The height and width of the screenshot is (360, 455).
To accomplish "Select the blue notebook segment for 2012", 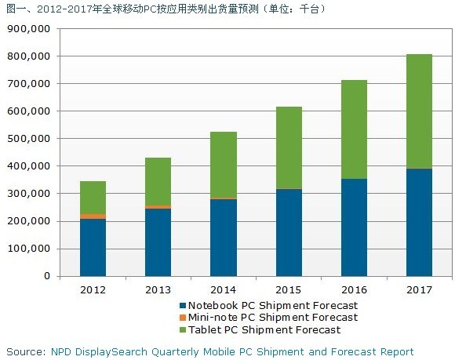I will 93,247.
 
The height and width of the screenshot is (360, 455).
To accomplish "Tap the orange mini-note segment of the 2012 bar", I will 93,216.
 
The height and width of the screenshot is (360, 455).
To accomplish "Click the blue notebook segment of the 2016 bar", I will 354,227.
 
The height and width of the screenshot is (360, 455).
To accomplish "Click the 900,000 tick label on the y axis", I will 28,29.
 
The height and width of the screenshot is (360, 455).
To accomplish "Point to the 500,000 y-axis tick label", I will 28,139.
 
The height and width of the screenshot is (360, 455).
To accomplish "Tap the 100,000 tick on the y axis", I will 28,249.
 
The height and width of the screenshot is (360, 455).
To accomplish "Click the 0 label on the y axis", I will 47,276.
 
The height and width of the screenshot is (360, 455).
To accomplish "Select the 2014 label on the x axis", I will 224,289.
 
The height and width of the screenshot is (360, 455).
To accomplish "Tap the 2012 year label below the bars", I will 93,289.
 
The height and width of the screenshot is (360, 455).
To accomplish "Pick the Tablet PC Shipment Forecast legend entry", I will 267,329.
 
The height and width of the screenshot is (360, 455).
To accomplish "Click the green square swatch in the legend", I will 182,330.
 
